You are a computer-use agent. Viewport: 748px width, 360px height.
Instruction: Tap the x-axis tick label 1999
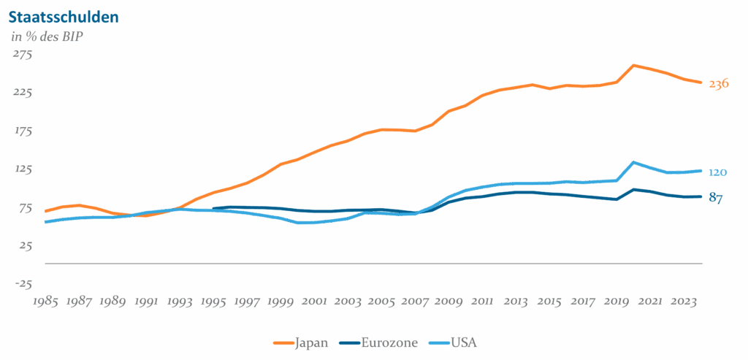pyautogui.click(x=280, y=301)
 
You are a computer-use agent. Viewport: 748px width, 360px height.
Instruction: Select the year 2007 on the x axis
pyautogui.click(x=415, y=301)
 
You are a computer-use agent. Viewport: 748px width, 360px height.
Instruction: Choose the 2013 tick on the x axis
pyautogui.click(x=516, y=301)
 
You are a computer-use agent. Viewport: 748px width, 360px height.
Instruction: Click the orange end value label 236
pyautogui.click(x=719, y=84)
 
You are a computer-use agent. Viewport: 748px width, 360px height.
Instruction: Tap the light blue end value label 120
pyautogui.click(x=717, y=172)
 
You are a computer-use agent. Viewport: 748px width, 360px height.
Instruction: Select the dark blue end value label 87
pyautogui.click(x=716, y=198)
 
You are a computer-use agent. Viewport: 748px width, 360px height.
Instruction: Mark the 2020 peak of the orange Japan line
pyautogui.click(x=634, y=65)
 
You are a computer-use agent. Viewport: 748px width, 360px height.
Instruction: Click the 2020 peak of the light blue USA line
pyautogui.click(x=634, y=162)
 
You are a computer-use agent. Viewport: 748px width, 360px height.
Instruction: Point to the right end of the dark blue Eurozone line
pyautogui.click(x=701, y=196)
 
